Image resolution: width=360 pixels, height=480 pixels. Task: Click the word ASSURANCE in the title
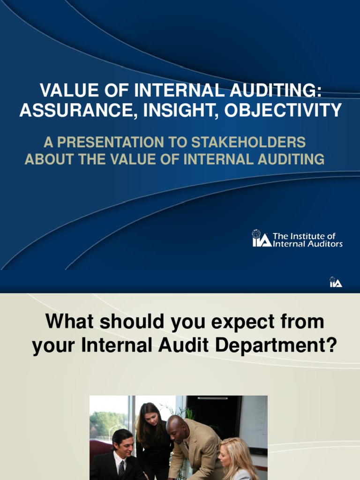pyautogui.click(x=74, y=110)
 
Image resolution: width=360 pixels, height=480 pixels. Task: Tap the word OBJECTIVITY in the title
pyautogui.click(x=283, y=110)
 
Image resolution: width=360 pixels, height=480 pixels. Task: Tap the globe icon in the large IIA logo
pyautogui.click(x=256, y=234)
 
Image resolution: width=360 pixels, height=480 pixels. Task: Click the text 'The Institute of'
pyautogui.click(x=304, y=236)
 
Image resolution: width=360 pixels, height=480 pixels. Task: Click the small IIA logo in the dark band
pyautogui.click(x=336, y=282)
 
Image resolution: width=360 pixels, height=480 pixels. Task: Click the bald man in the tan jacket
pyautogui.click(x=192, y=445)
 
